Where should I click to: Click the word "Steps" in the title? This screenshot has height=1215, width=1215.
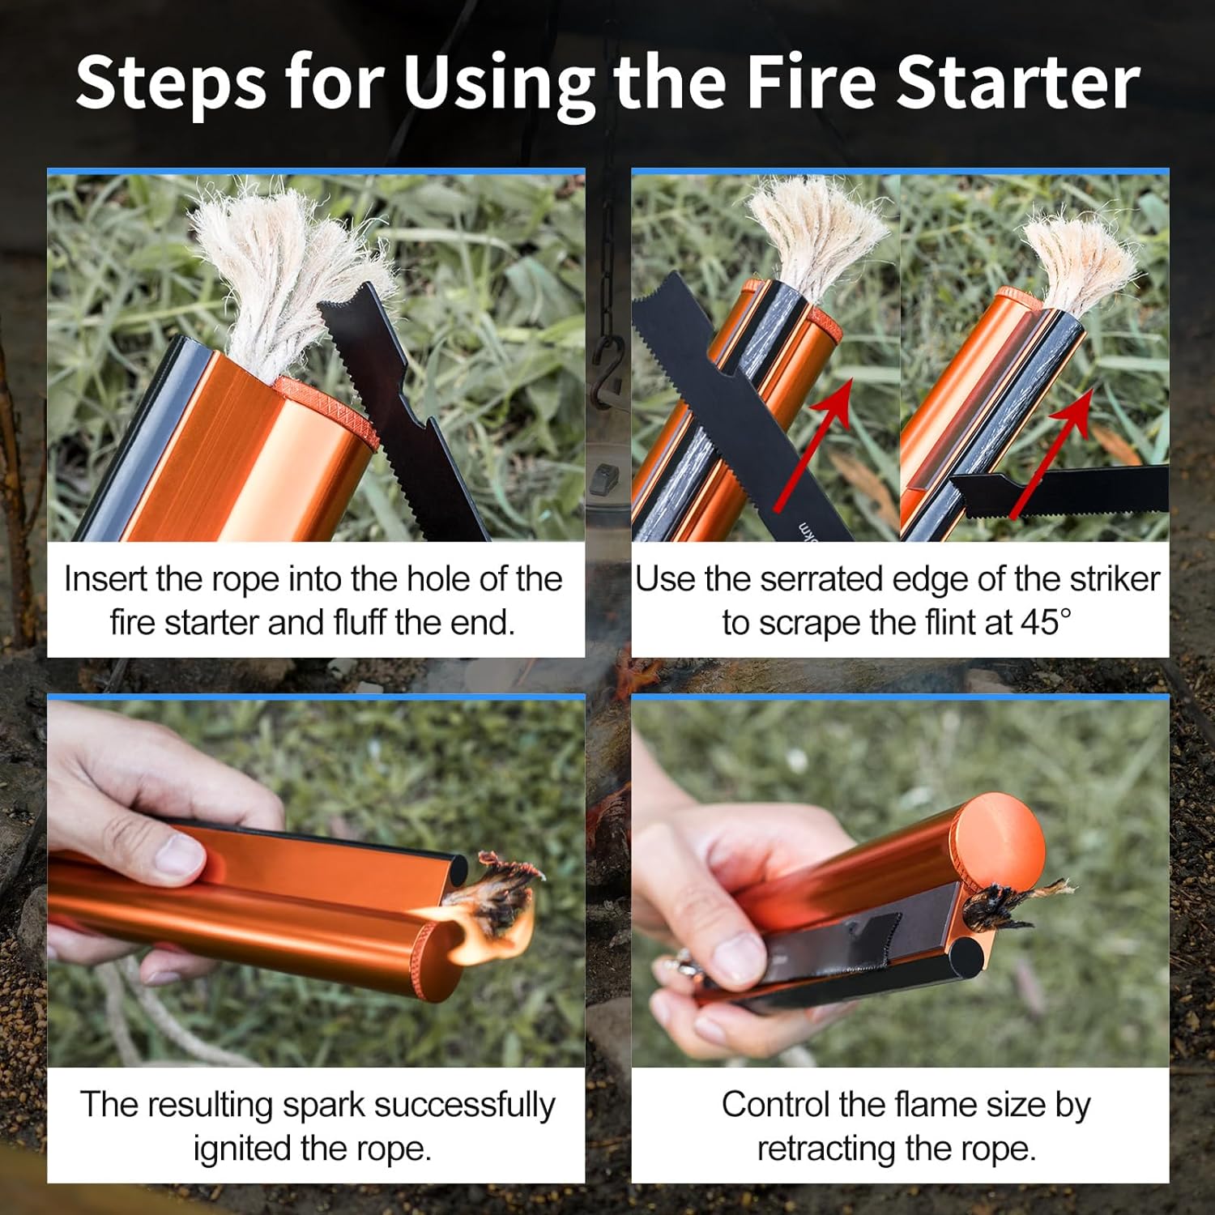click(170, 83)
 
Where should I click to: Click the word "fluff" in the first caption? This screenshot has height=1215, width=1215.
click(360, 622)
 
